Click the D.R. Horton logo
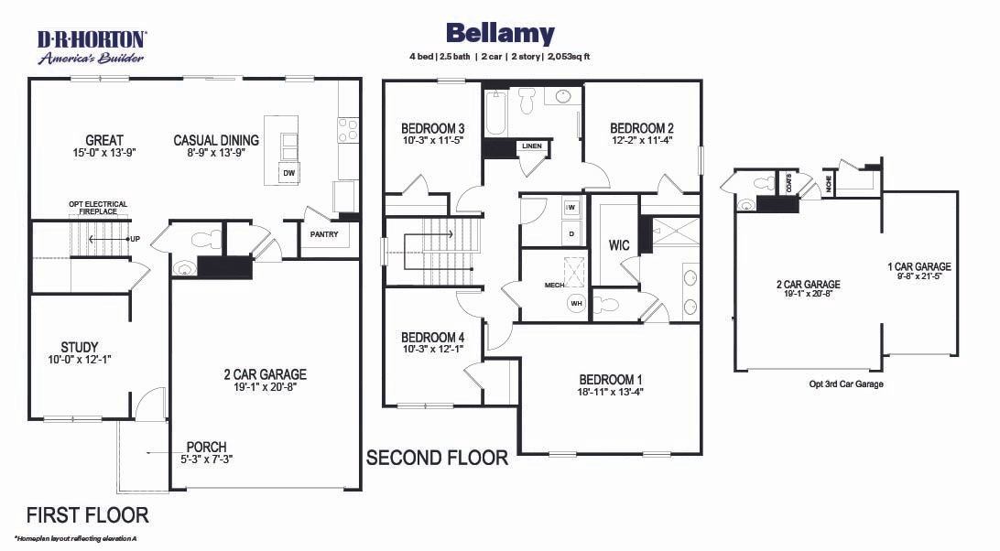tap(92, 47)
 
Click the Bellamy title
tap(500, 34)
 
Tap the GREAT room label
tap(104, 140)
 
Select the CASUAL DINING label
tap(216, 140)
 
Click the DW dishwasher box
tap(288, 173)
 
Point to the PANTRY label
tap(324, 234)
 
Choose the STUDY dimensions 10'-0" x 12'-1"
tap(80, 360)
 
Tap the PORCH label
tap(206, 448)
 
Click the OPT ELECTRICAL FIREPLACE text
tap(98, 208)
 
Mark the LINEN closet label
tap(531, 146)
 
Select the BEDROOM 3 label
tap(433, 128)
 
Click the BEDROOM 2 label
tap(642, 128)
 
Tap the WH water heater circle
tap(577, 304)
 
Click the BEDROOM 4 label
tap(433, 337)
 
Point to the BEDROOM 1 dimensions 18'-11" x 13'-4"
tap(610, 393)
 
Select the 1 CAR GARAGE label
tap(919, 267)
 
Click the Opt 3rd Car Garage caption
tap(846, 384)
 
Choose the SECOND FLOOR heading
tap(437, 458)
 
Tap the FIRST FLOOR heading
tap(87, 515)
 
